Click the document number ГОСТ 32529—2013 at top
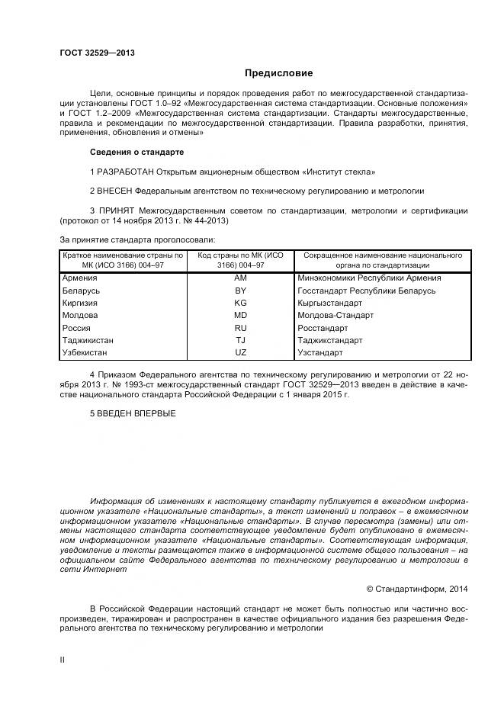tap(97, 53)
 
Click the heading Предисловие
tap(278, 73)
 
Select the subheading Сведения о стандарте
tap(136, 153)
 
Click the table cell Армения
tap(80, 278)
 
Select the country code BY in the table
tap(240, 291)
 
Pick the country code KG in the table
tap(240, 303)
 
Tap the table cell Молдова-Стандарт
tap(335, 316)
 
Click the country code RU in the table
tap(240, 328)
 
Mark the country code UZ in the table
tap(240, 353)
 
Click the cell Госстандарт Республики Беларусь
tap(366, 291)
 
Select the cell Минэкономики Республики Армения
tap(369, 278)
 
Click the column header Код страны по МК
tap(240, 260)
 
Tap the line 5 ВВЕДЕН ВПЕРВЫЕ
tap(133, 413)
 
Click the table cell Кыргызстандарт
tap(330, 303)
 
